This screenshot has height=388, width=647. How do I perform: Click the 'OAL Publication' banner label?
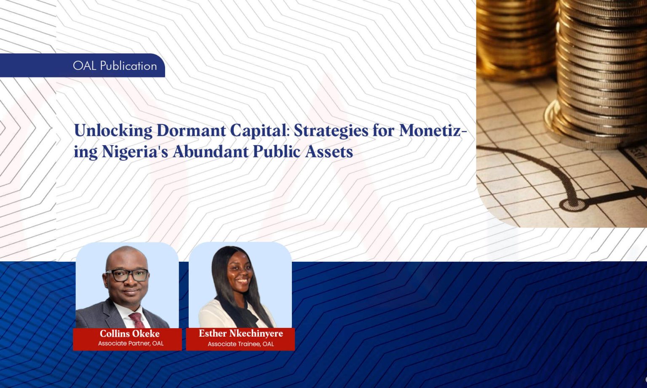(115, 66)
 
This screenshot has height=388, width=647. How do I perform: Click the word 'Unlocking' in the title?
(113, 130)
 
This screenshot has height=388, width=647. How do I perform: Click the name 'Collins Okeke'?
(129, 334)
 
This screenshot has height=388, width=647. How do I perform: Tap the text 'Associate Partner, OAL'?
(131, 343)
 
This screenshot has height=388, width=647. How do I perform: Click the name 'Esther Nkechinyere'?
(241, 333)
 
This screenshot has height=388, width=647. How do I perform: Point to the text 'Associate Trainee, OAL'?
(241, 344)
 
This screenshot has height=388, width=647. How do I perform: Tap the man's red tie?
(137, 320)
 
